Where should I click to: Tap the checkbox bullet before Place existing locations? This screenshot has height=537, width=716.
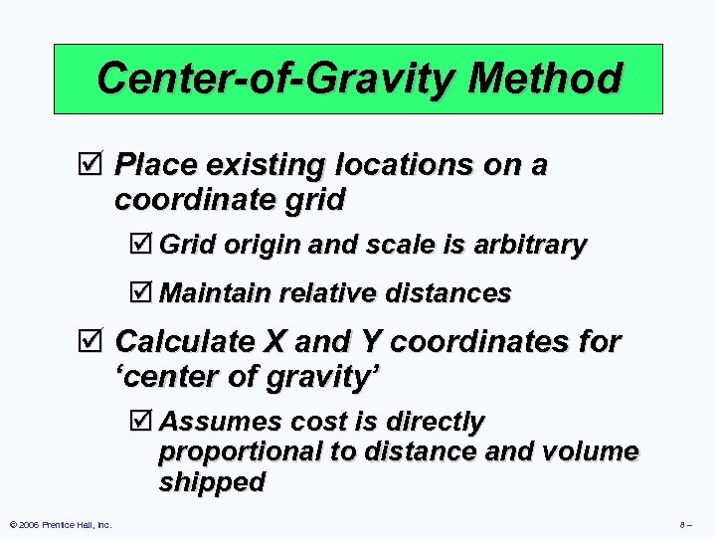95,165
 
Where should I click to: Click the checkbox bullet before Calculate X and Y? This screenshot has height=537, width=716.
95,343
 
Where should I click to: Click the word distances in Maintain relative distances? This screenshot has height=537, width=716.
453,293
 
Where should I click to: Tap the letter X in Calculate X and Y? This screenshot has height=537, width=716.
272,342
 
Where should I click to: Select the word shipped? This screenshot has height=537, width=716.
212,482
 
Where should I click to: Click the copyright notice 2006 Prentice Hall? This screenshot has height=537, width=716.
61,524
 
